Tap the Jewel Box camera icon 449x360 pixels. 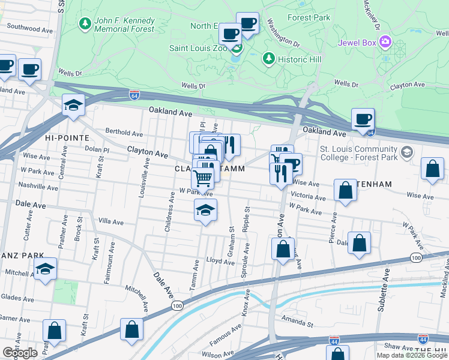385,43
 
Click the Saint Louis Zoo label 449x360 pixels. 198,48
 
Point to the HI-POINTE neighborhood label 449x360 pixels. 62,137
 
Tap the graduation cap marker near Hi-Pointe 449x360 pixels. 74,106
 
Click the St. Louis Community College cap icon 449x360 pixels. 408,152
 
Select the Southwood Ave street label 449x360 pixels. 31,28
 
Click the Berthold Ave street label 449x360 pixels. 124,133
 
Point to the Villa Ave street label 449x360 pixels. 110,222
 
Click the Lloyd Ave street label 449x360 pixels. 220,262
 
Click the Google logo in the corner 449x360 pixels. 20,353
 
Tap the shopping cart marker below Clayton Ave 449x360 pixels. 203,177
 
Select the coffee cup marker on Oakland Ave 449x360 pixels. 363,119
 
